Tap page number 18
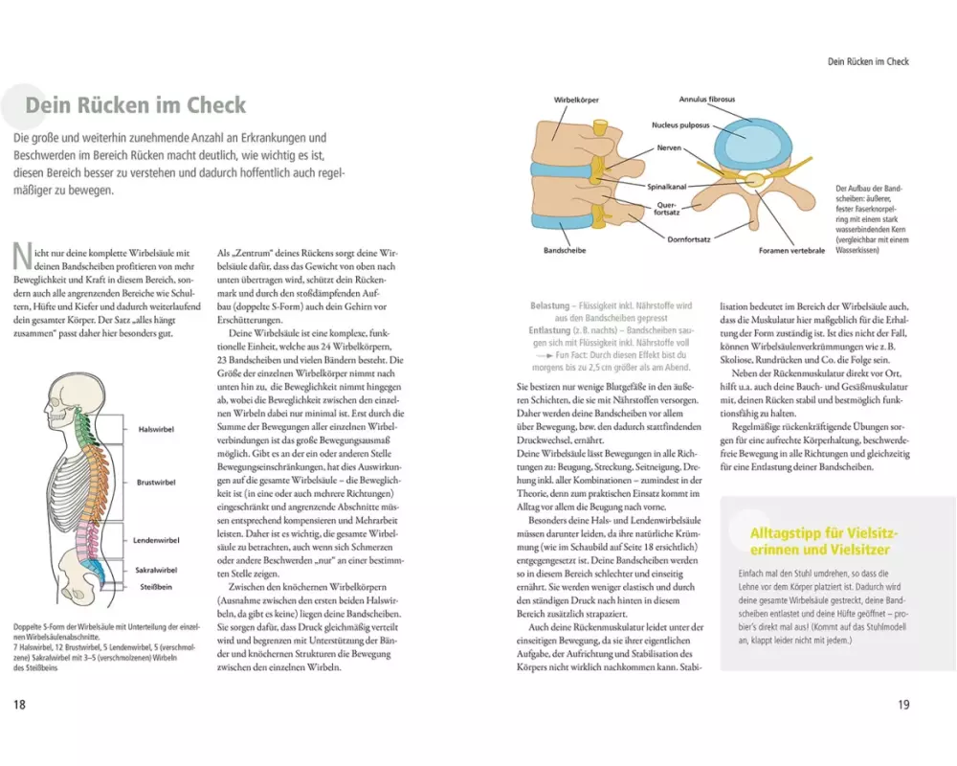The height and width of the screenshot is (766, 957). [x=19, y=706]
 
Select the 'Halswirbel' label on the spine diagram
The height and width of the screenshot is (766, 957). [x=156, y=430]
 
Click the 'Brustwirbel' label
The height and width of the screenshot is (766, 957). [x=156, y=483]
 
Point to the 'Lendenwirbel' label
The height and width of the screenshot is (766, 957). [x=157, y=541]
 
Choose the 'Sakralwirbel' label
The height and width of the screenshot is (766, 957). [x=156, y=569]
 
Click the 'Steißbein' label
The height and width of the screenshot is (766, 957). [x=153, y=587]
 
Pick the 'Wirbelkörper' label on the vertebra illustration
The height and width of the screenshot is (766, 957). [x=574, y=100]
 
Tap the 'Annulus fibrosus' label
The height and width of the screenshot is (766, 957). [x=706, y=100]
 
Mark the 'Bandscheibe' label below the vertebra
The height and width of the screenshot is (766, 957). [x=565, y=251]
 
